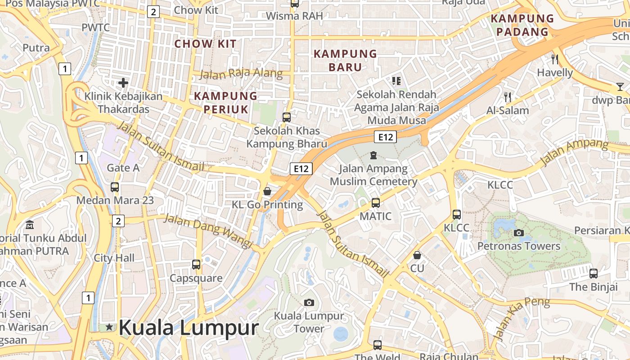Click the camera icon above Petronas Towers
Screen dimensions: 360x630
coord(519,233)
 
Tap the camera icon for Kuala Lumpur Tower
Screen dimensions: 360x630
coord(309,302)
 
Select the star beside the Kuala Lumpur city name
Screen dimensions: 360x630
coord(109,327)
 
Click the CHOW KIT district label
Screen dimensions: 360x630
coord(205,44)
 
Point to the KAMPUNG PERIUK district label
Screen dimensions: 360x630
coord(225,102)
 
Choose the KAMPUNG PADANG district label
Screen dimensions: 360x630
coord(522,25)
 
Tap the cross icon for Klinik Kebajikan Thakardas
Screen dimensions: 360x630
coord(123,83)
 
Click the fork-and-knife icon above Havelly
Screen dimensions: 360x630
coord(555,59)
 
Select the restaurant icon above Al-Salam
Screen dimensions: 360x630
coord(508,97)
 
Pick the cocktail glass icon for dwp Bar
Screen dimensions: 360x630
coord(620,87)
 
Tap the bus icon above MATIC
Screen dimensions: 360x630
coord(376,203)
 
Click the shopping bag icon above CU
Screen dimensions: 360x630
coord(417,255)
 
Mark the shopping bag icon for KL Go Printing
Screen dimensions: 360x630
coord(267,191)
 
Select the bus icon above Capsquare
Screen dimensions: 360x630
coord(196,265)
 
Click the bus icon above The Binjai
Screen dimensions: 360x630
coord(594,273)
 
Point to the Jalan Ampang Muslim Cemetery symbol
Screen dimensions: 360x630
coord(373,155)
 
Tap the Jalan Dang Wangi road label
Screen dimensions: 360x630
coord(208,231)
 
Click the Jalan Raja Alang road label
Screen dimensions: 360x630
coord(241,74)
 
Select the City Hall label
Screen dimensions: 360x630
coord(114,258)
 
